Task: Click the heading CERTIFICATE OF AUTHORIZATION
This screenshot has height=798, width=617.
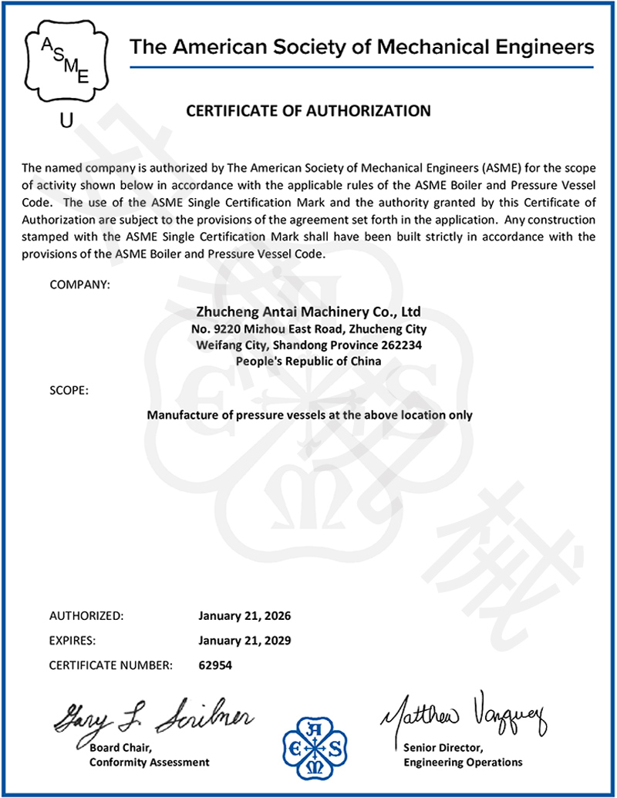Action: [308, 111]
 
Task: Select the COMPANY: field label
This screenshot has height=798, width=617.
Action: [79, 285]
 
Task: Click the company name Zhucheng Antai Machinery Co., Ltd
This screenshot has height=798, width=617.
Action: [308, 312]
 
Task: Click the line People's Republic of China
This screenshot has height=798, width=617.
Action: [308, 360]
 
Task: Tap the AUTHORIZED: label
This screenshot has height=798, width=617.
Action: [86, 616]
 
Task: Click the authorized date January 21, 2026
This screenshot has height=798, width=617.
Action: [244, 616]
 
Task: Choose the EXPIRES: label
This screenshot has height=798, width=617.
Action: [72, 640]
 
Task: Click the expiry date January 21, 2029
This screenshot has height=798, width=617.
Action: [244, 640]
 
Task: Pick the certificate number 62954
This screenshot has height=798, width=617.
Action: [215, 664]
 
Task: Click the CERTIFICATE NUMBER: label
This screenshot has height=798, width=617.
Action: [111, 664]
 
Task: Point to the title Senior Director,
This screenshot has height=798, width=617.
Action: [443, 748]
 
